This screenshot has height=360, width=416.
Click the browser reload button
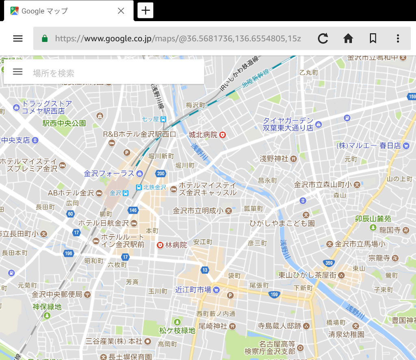[323, 39]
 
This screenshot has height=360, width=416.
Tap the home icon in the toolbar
[348, 39]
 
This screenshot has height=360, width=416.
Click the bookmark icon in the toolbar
[373, 39]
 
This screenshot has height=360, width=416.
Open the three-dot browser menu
[398, 39]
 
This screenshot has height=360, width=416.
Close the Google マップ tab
[121, 11]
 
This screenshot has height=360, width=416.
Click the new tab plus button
[145, 11]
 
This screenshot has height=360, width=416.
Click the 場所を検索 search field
[114, 73]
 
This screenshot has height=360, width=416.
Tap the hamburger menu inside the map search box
[17, 72]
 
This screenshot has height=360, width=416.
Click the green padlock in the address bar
[45, 39]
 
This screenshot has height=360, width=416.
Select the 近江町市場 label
[193, 290]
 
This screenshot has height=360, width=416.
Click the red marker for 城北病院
[223, 135]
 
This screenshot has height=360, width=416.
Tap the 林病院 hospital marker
[160, 245]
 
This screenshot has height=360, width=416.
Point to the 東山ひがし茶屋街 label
[307, 275]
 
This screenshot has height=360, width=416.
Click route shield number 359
[329, 263]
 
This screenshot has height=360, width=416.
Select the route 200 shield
[161, 174]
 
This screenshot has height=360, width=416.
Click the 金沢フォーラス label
[109, 173]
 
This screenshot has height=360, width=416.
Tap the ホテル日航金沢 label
[103, 223]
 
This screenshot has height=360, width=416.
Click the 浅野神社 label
[274, 158]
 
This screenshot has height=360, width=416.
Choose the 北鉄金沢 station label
[155, 187]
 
